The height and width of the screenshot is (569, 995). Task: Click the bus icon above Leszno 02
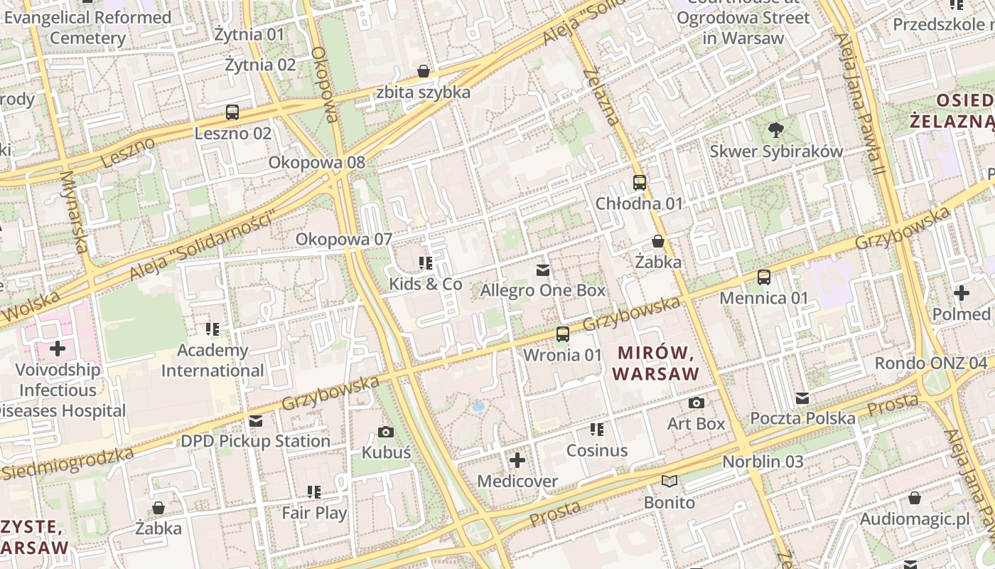tap(232, 112)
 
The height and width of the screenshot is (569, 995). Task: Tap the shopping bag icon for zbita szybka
tap(424, 71)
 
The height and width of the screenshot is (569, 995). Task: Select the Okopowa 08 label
tap(316, 162)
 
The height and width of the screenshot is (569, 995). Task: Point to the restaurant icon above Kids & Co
tap(426, 263)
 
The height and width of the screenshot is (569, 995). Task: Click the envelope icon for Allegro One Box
tap(543, 270)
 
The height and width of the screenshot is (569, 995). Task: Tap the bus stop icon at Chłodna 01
tap(639, 183)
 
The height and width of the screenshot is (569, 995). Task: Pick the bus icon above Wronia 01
tap(562, 334)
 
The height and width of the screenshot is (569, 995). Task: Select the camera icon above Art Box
tap(696, 403)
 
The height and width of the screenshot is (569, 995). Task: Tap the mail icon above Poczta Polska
tap(802, 398)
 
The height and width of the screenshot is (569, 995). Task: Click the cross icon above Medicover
tap(517, 460)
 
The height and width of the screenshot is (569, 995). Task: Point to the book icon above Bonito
tap(669, 482)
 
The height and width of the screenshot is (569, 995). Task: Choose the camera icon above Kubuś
tap(386, 432)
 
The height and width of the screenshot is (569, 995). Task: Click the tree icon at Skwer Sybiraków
tap(776, 130)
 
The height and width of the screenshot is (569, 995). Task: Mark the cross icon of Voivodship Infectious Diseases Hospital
tap(58, 349)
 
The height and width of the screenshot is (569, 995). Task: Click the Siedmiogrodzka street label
tap(68, 464)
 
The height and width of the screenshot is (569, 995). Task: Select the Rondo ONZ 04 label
tap(930, 363)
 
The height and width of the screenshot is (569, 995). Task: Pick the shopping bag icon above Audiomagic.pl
tap(914, 498)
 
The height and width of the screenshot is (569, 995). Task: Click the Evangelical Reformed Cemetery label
tap(87, 28)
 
